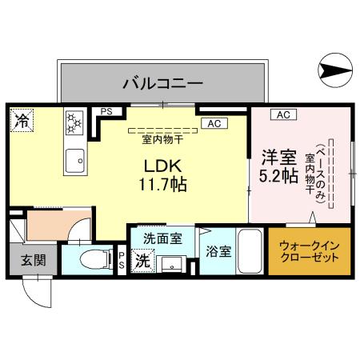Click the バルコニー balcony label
pyautogui.click(x=162, y=82)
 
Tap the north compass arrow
pyautogui.click(x=336, y=71)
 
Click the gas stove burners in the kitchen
pyautogui.click(x=74, y=122)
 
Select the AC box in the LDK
pyautogui.click(x=213, y=124)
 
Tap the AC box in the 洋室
pyautogui.click(x=282, y=114)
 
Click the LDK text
pyautogui.click(x=165, y=166)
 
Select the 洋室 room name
pyautogui.click(x=275, y=155)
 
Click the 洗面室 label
pyautogui.click(x=162, y=238)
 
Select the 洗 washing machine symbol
pyautogui.click(x=142, y=260)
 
